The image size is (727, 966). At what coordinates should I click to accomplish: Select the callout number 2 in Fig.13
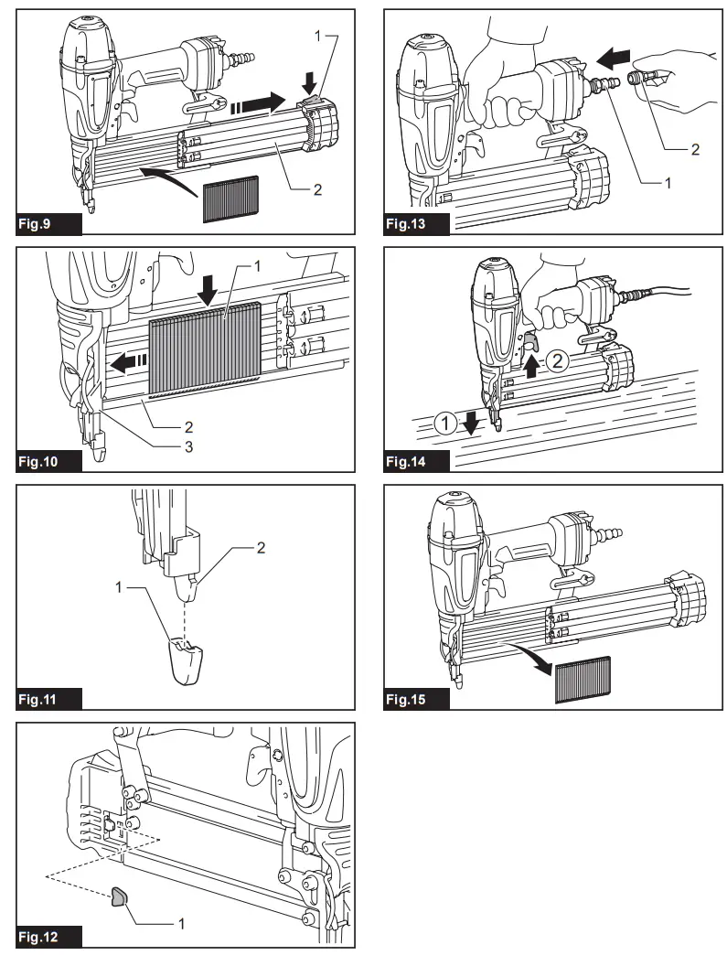[x=694, y=149]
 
